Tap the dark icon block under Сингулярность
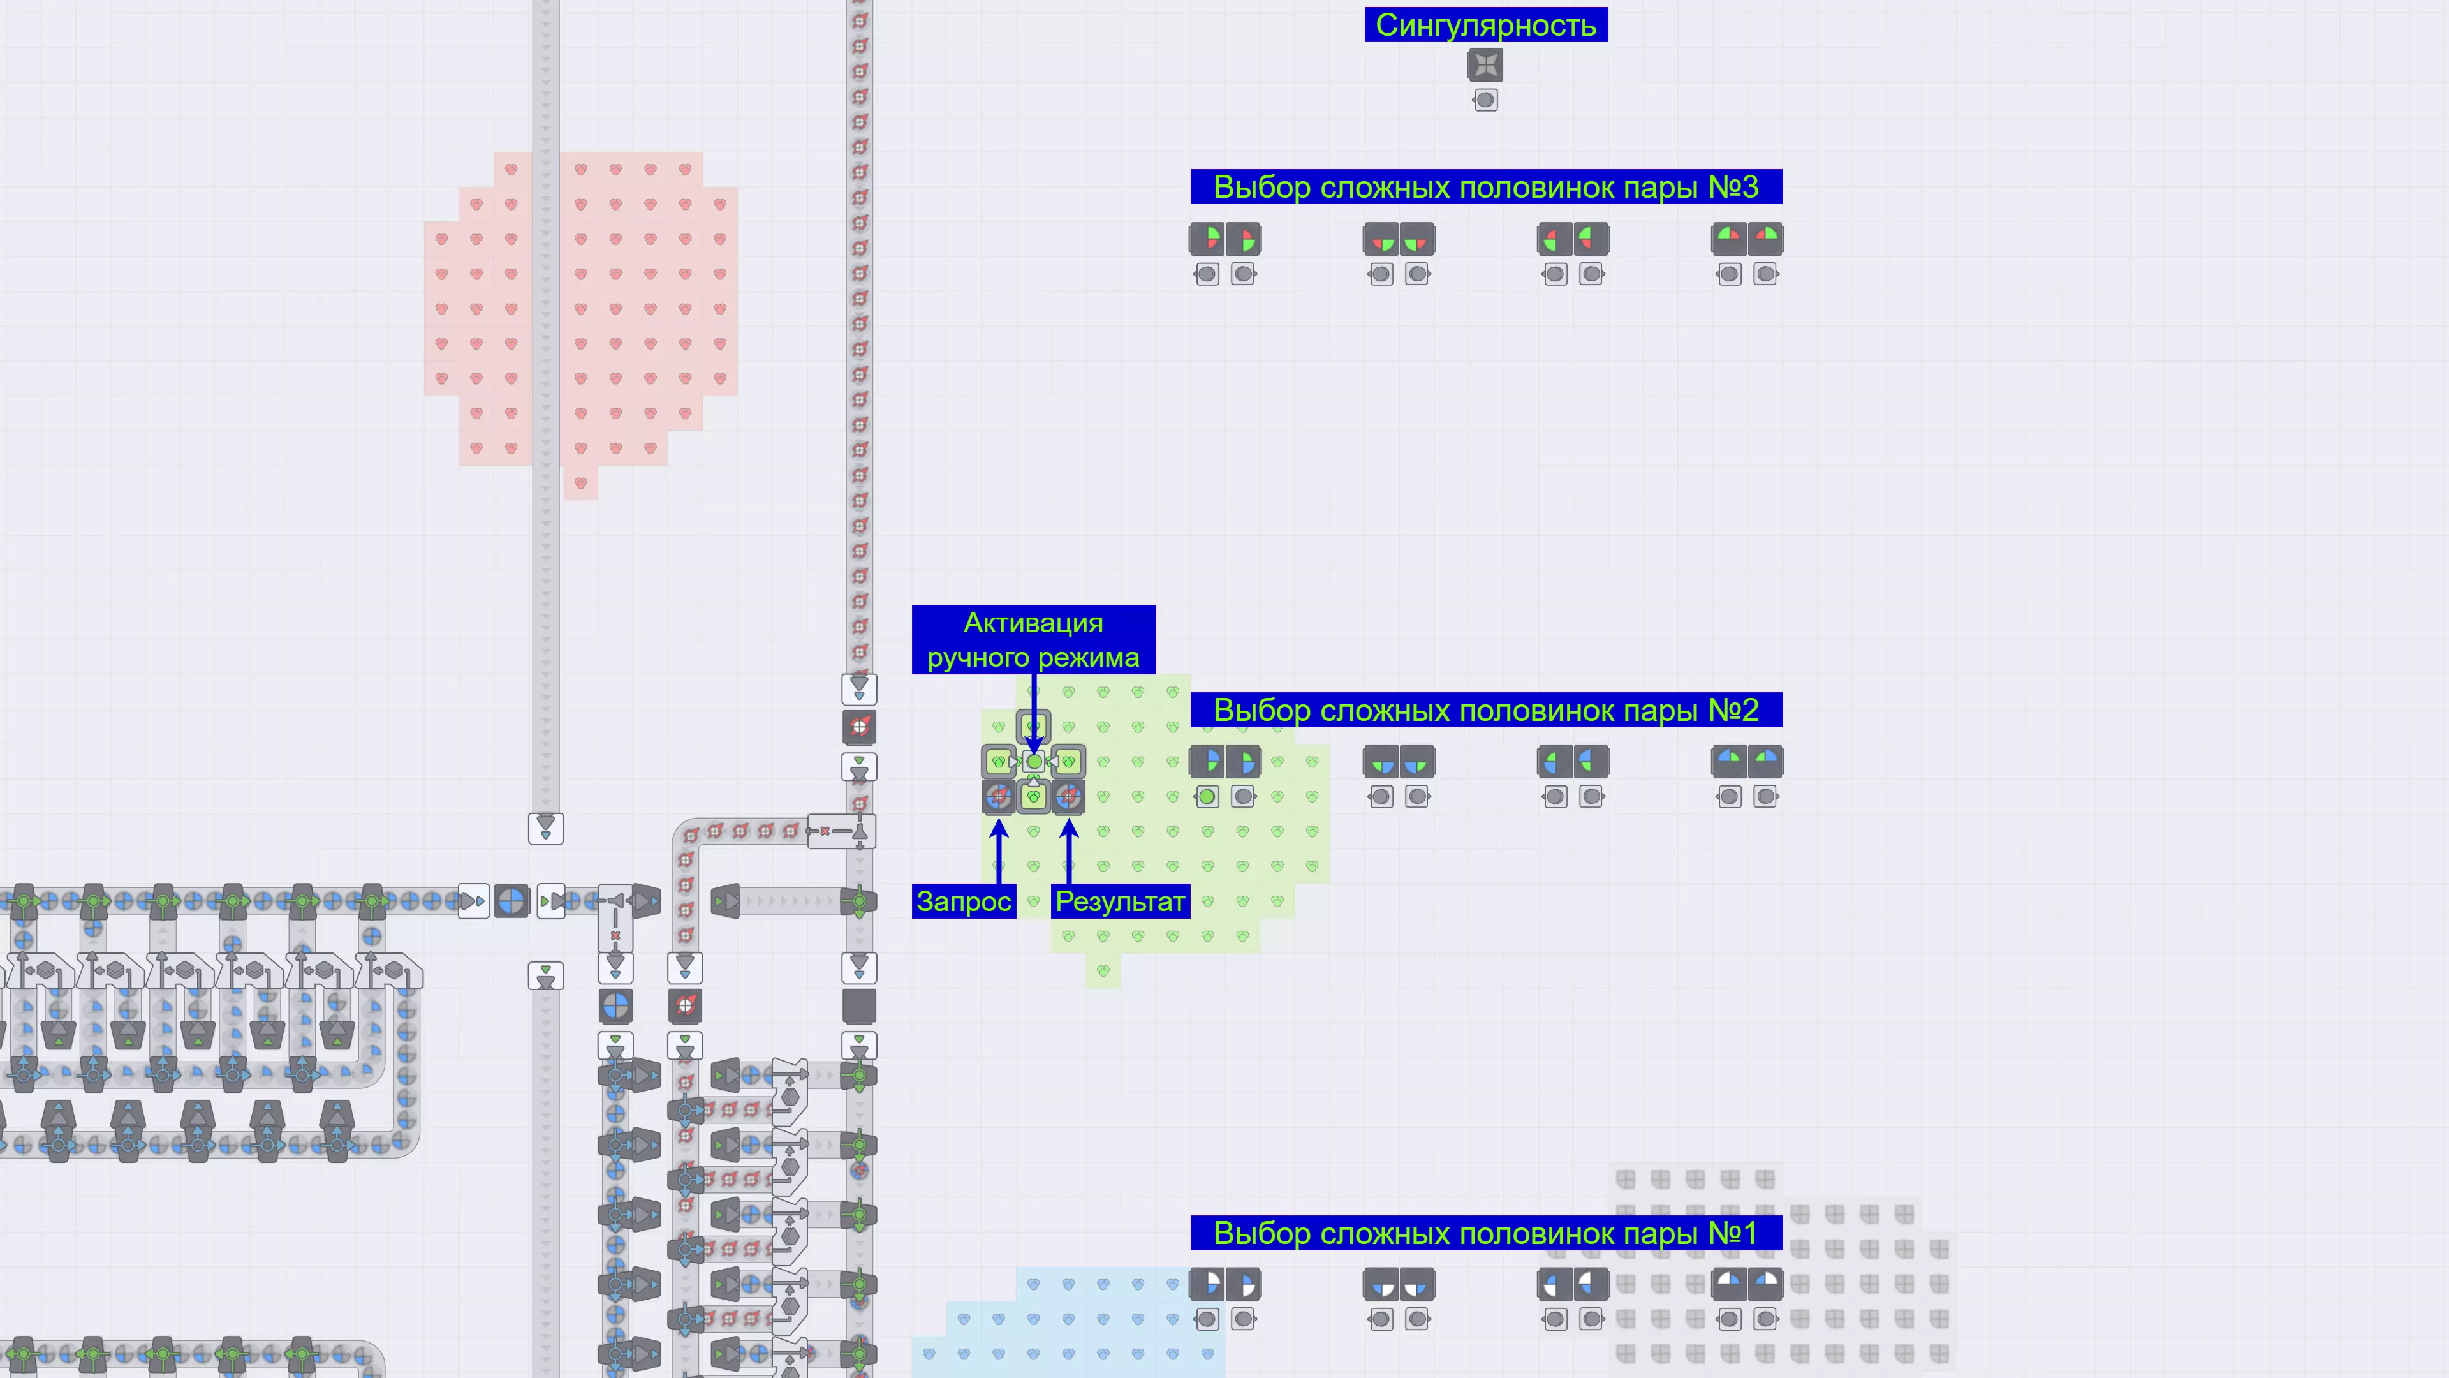pyautogui.click(x=1485, y=64)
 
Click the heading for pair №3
pyautogui.click(x=1486, y=186)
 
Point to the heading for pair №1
pyautogui.click(x=1486, y=1233)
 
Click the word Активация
pyautogui.click(x=1033, y=623)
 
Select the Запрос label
pyautogui.click(x=964, y=901)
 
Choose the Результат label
pyautogui.click(x=1120, y=901)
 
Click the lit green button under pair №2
pyautogui.click(x=1207, y=797)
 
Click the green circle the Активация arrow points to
pyautogui.click(x=1033, y=762)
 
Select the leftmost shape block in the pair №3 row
pyautogui.click(x=1207, y=239)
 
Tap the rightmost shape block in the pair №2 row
pyautogui.click(x=1765, y=762)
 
